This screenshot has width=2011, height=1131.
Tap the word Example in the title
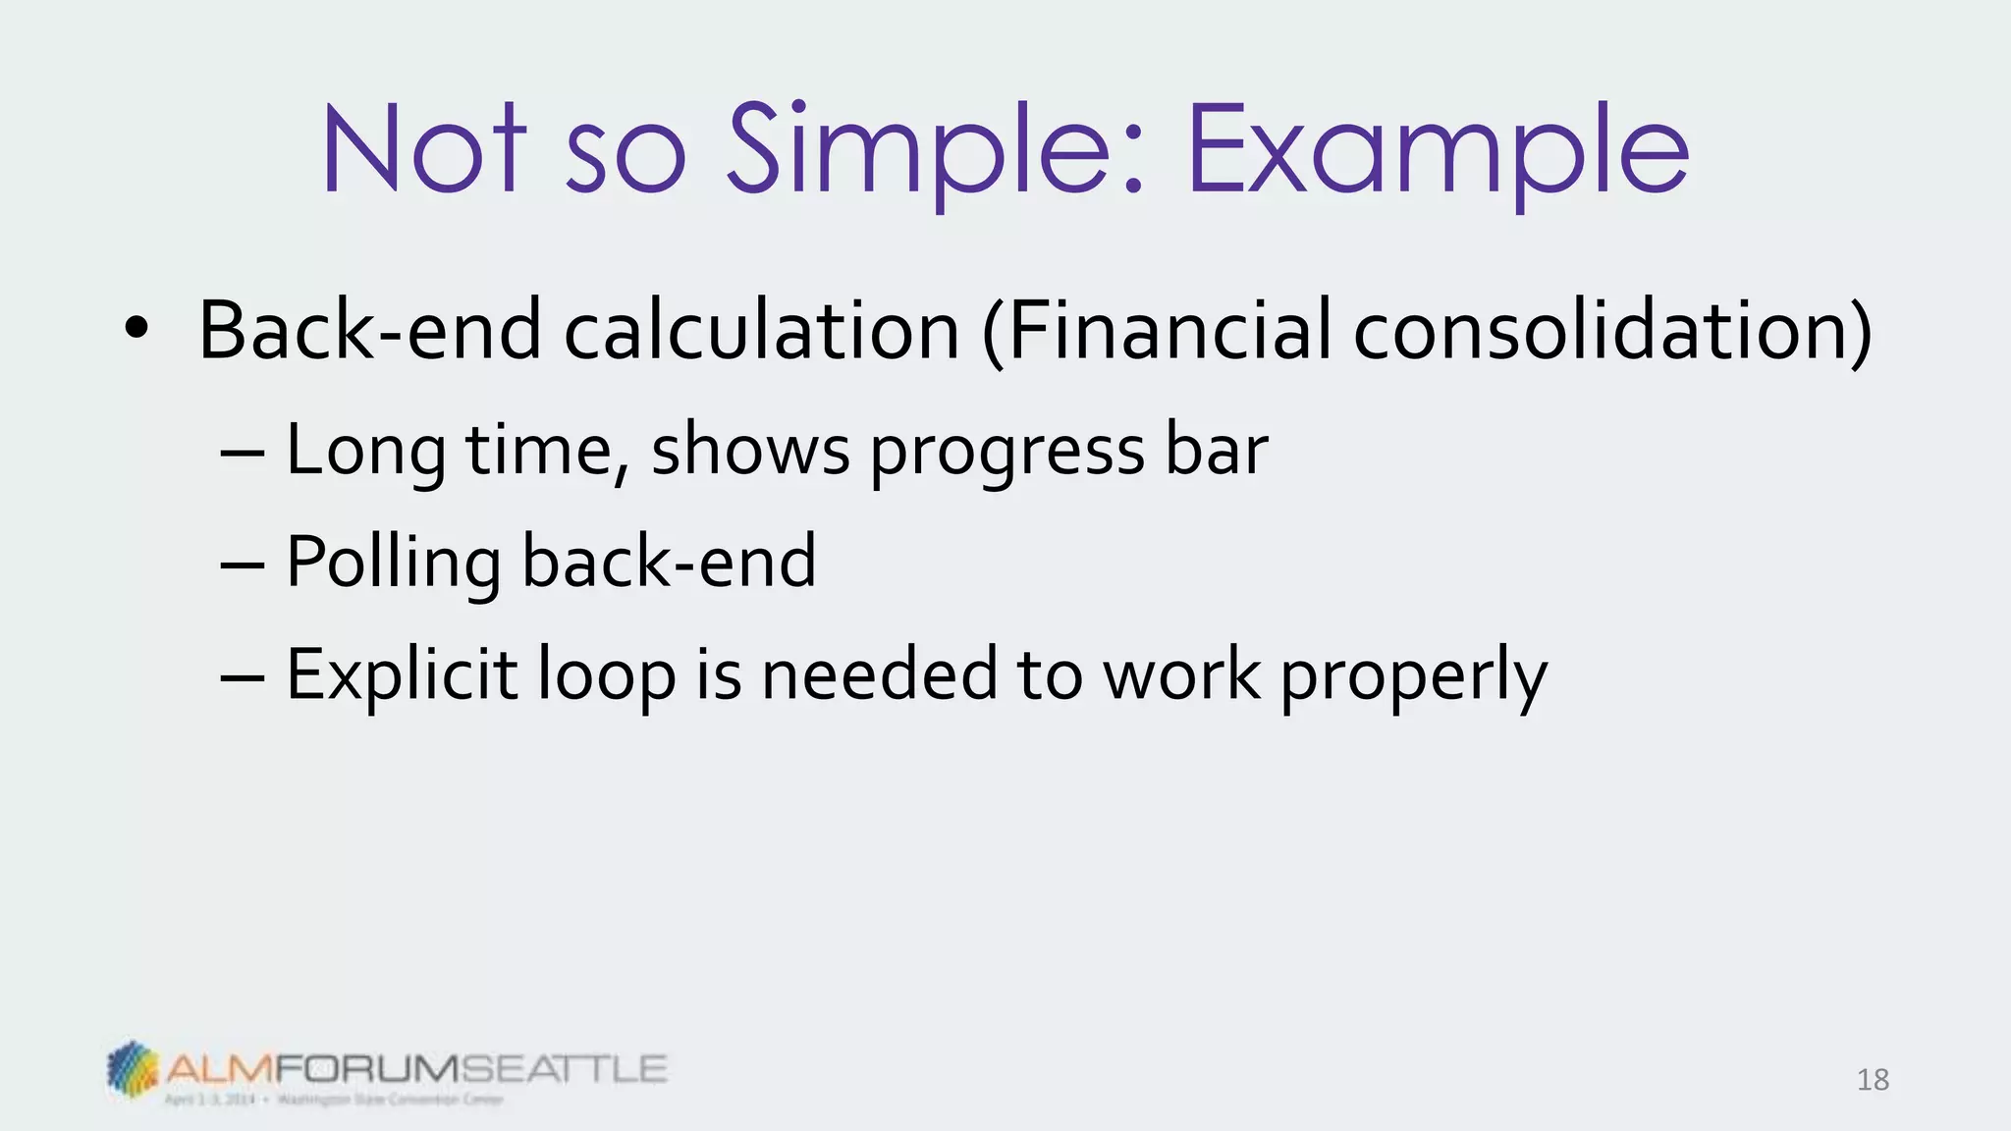pos(1438,149)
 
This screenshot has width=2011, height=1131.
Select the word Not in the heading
pos(424,149)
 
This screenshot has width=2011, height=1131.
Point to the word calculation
pos(761,331)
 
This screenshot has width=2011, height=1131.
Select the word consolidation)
pos(1612,331)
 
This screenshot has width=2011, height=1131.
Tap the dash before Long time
pos(242,453)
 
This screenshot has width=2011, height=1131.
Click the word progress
pos(1007,453)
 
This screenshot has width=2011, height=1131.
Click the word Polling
pos(393,564)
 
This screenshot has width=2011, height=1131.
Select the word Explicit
pos(401,676)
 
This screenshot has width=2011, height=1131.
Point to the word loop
pos(607,676)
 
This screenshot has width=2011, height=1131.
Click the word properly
pos(1414,676)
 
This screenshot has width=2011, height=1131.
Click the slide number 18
pos(1873,1080)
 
